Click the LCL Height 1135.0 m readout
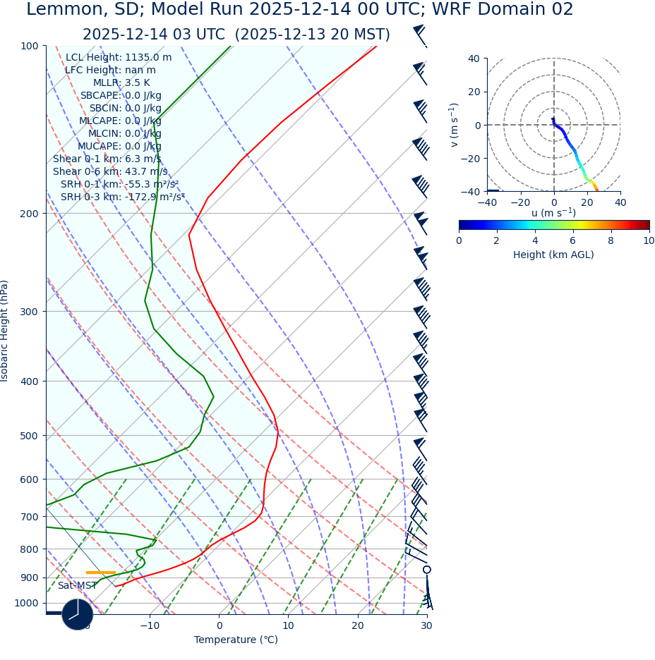point(119,57)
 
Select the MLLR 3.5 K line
point(121,82)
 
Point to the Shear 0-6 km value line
point(110,171)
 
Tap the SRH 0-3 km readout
point(123,197)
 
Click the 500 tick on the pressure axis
point(29,436)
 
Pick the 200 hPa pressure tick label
point(29,214)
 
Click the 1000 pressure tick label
point(26,603)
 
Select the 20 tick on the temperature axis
point(357,625)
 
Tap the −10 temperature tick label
point(150,625)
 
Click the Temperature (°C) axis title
point(236,640)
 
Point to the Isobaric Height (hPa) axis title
point(5,331)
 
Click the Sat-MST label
point(78,585)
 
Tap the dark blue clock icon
point(78,614)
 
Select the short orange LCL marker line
point(101,573)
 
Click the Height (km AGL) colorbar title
point(553,255)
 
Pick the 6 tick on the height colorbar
point(572,240)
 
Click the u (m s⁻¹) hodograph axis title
point(553,213)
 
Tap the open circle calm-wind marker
point(426,569)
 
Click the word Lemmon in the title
point(59,10)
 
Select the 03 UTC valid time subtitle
point(236,35)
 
